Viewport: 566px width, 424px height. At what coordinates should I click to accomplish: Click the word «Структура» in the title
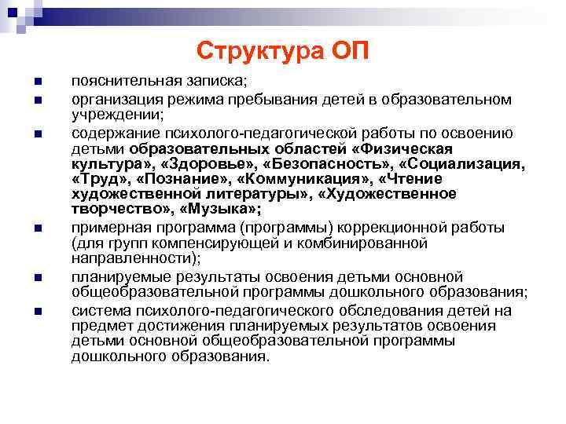click(255, 51)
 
